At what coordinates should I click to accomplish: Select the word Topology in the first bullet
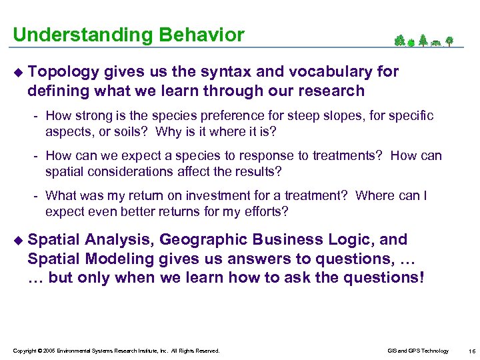coord(64,71)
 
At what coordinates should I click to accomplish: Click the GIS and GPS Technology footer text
coord(418,351)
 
